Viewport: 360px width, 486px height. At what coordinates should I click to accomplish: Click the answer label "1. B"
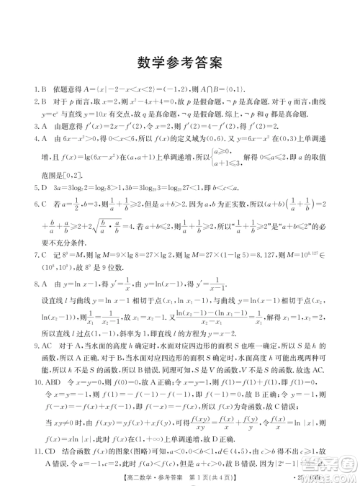coord(29,91)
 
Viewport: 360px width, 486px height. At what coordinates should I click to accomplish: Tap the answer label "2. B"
coord(29,104)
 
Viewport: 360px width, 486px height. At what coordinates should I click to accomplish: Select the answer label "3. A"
coord(29,130)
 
